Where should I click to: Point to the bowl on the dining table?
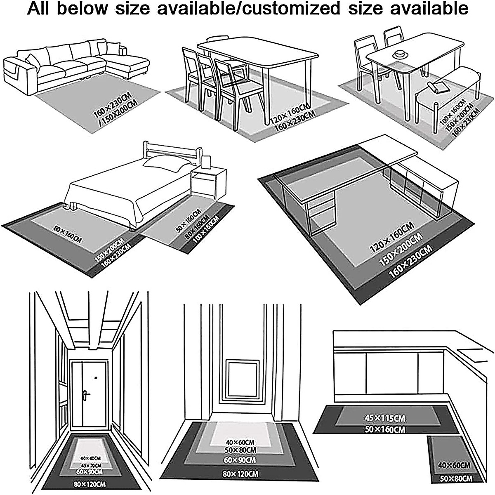coord(399,54)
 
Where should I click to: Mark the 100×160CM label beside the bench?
coord(453,111)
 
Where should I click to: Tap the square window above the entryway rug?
coord(242,373)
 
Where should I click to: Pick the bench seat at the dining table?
coord(445,82)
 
